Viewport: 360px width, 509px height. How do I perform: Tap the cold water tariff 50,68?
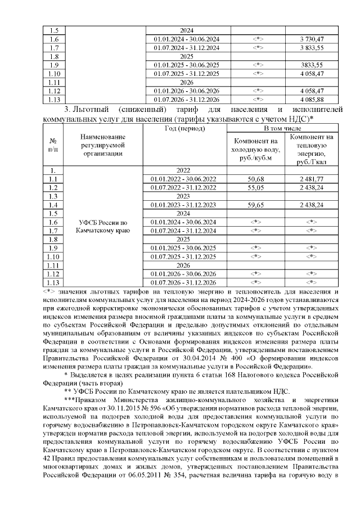(256, 178)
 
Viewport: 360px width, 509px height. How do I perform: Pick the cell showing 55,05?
(256, 187)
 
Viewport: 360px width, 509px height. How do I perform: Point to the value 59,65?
(256, 205)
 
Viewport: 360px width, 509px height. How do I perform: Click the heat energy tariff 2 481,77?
(312, 178)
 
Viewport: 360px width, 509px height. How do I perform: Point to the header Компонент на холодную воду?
(256, 149)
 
